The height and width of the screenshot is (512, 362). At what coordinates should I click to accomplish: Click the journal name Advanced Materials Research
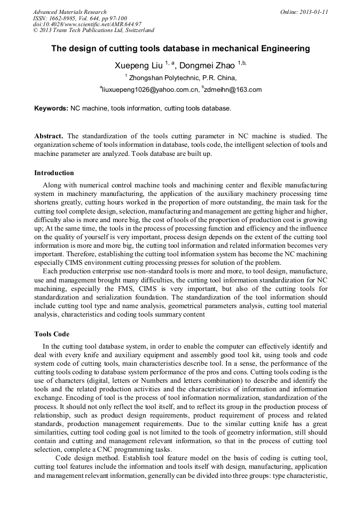(x=70, y=12)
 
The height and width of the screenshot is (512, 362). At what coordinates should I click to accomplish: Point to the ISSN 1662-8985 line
(x=80, y=18)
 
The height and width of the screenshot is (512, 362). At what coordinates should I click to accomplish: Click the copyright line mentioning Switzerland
(x=94, y=30)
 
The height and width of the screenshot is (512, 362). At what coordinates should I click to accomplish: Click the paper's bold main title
(x=180, y=49)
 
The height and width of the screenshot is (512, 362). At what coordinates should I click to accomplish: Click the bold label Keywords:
(x=51, y=108)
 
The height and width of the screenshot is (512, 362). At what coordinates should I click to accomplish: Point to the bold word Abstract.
(x=49, y=136)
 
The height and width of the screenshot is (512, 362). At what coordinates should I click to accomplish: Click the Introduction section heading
(x=54, y=173)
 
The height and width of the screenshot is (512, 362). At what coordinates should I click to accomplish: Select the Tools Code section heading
(x=52, y=334)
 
